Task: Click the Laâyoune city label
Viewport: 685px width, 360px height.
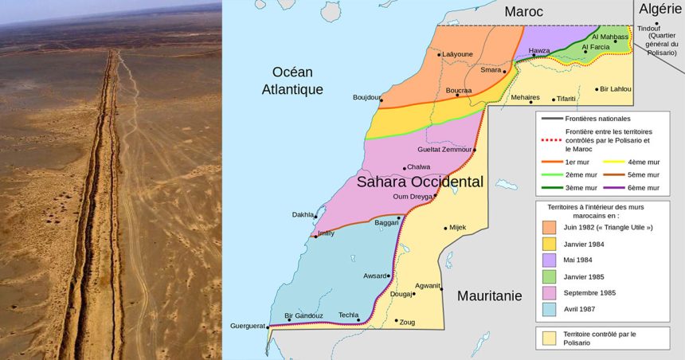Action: pos(457,54)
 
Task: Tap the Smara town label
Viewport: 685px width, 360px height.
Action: pos(491,69)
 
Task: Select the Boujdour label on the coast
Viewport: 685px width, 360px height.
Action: pos(366,97)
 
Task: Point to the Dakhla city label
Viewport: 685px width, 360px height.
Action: pos(303,213)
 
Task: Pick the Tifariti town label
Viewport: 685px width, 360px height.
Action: pos(566,99)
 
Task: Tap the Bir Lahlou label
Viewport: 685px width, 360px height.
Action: pos(615,88)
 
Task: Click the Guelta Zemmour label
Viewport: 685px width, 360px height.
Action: pos(444,150)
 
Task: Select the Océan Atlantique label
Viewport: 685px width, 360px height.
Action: pos(292,80)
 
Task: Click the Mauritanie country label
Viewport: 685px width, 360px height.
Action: pos(490,295)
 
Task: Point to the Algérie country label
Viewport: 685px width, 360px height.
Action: pos(660,9)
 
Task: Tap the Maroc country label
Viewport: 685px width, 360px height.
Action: pos(524,12)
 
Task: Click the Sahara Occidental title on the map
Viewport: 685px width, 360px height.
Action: pos(419,182)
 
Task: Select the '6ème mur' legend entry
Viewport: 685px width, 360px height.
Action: pos(644,188)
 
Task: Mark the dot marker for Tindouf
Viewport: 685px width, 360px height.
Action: pos(657,23)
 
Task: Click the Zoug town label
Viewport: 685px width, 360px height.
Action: pos(407,322)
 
